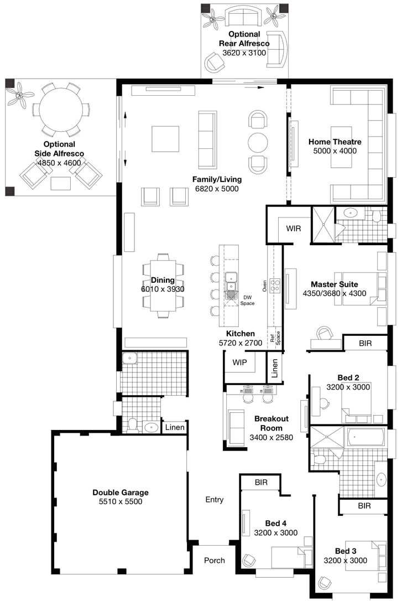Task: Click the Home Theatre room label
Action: coord(335,142)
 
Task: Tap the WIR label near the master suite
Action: coord(293,229)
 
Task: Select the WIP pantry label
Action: coord(239,362)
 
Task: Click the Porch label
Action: coord(215,561)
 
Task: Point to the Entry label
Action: coord(215,499)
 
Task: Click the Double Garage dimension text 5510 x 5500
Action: coord(121,502)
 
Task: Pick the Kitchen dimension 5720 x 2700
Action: coord(241,343)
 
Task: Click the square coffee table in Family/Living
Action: coord(165,139)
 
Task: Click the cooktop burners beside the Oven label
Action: coord(274,285)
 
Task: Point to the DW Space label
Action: coord(247,300)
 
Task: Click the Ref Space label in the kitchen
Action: coord(275,338)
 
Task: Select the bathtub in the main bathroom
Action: coord(366,437)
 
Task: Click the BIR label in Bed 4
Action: coord(261,483)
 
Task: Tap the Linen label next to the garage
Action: coord(175,427)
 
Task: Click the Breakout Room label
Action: coord(272,423)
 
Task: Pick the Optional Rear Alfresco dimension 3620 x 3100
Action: coord(244,53)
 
